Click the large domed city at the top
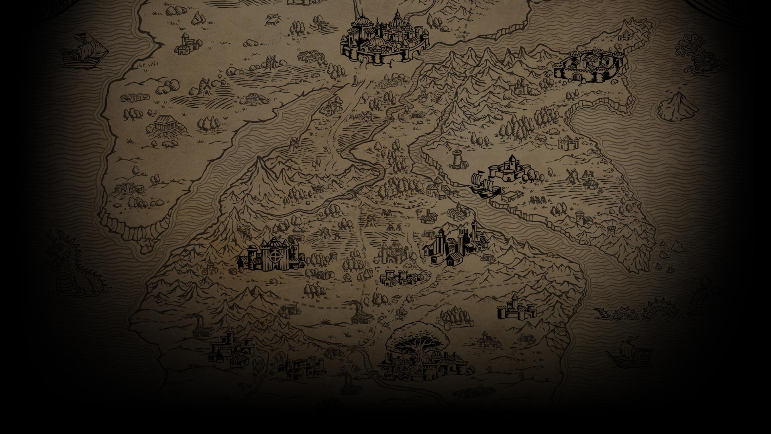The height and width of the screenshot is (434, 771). [383, 38]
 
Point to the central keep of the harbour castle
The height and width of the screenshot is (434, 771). [512, 165]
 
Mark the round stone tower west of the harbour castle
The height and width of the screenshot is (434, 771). [457, 158]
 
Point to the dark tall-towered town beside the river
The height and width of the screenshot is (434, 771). [456, 245]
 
